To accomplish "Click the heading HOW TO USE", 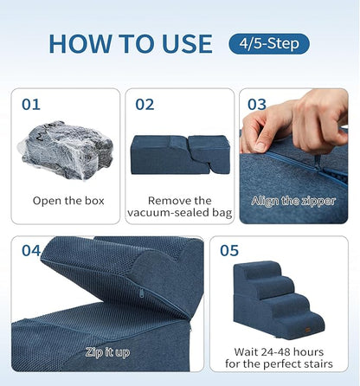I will coord(130,43).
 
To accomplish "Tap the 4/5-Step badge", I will coord(269,43).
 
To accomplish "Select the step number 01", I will coord(32,105).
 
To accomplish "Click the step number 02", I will coord(145,105).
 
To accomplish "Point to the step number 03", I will coord(257,105).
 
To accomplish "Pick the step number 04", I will coord(32,252).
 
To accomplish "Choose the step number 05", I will coord(229,252).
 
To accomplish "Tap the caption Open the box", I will coord(68,201).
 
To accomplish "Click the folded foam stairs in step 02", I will coord(180,151).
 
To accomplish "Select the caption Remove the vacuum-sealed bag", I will coord(180,207).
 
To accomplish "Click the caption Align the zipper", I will coord(294,201).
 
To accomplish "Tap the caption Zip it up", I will coord(109,353).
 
